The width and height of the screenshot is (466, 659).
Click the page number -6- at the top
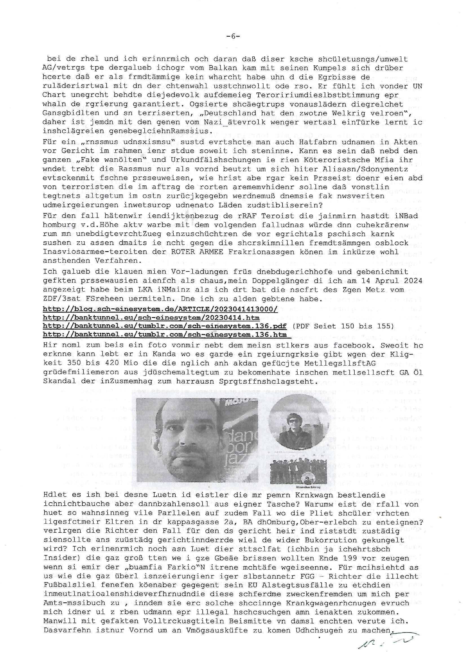233,36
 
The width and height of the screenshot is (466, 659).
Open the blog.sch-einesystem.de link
160,309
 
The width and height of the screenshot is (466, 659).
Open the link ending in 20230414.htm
151,318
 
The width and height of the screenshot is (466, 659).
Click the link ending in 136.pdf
165,326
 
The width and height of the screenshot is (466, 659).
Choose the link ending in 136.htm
165,335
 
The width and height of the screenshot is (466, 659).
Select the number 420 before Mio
109,363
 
